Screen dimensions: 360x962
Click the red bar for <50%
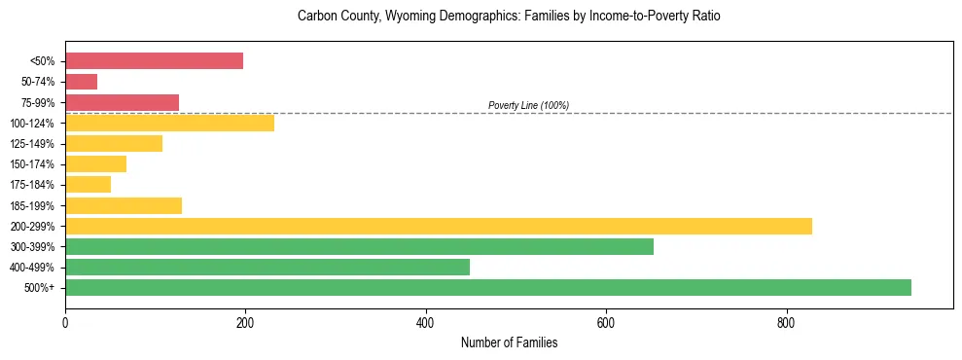pyautogui.click(x=154, y=61)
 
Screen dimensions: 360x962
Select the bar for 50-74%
pyautogui.click(x=81, y=82)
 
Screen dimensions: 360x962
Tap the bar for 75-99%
pyautogui.click(x=122, y=102)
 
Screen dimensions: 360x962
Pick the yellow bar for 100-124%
pyautogui.click(x=169, y=124)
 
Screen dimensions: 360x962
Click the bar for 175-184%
pyautogui.click(x=88, y=185)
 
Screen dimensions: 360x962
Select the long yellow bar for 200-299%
pyautogui.click(x=438, y=226)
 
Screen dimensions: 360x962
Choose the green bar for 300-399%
pyautogui.click(x=359, y=247)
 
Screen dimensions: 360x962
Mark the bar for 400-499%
pyautogui.click(x=267, y=268)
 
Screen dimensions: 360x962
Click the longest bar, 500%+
pyautogui.click(x=487, y=288)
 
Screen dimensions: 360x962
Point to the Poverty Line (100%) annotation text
pyautogui.click(x=528, y=105)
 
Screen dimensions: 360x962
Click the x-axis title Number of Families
pyautogui.click(x=509, y=342)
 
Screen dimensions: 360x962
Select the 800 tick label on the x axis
pyautogui.click(x=786, y=322)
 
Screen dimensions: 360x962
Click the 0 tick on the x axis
pyautogui.click(x=65, y=322)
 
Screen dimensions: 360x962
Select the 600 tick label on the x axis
pyautogui.click(x=606, y=322)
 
